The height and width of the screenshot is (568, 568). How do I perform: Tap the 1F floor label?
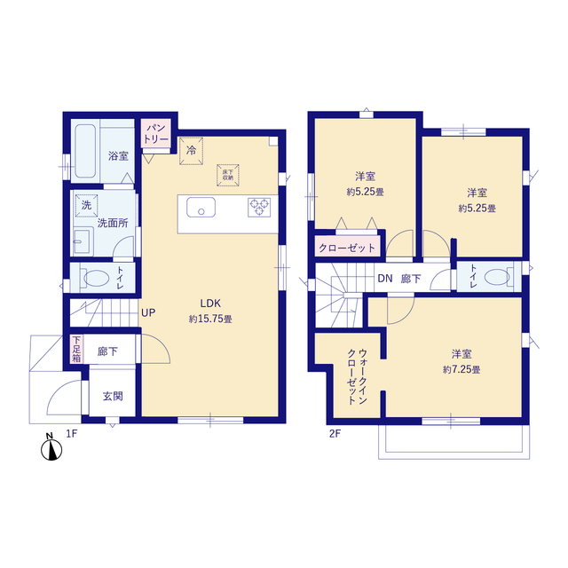pyautogui.click(x=73, y=433)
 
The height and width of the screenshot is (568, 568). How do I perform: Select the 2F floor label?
pyautogui.click(x=335, y=433)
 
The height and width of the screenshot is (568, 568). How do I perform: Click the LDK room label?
pyautogui.click(x=210, y=302)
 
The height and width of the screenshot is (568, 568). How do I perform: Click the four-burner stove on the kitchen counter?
pyautogui.click(x=259, y=207)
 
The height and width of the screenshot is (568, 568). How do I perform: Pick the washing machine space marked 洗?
pyautogui.click(x=87, y=205)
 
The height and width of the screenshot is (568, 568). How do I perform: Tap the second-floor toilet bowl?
pyautogui.click(x=499, y=276)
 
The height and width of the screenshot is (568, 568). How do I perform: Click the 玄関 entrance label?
pyautogui.click(x=112, y=397)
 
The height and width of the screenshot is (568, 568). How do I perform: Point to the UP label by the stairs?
pyautogui.click(x=147, y=313)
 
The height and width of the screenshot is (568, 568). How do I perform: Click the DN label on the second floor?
pyautogui.click(x=384, y=279)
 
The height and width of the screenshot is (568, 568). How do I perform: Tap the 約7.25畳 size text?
pyautogui.click(x=461, y=369)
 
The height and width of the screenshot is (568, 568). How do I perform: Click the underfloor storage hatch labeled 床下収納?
pyautogui.click(x=228, y=173)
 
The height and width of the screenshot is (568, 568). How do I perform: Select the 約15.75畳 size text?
pyautogui.click(x=210, y=319)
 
